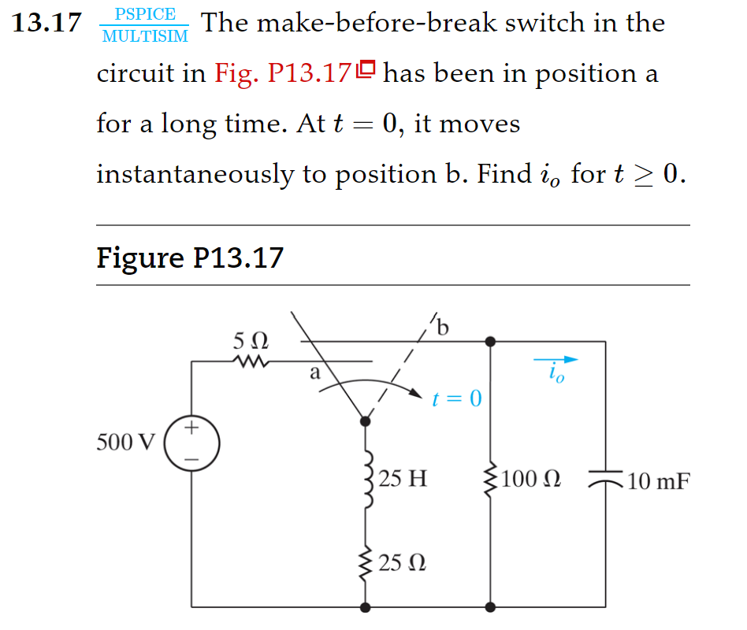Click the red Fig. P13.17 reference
click(x=282, y=74)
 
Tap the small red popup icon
click(x=366, y=72)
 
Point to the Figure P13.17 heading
click(x=189, y=258)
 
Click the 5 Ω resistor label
click(x=251, y=342)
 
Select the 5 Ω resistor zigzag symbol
click(x=251, y=362)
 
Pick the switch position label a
click(x=315, y=373)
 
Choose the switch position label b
click(x=442, y=326)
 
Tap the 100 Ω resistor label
click(x=531, y=478)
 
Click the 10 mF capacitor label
click(x=659, y=480)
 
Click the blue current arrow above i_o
click(x=556, y=360)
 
